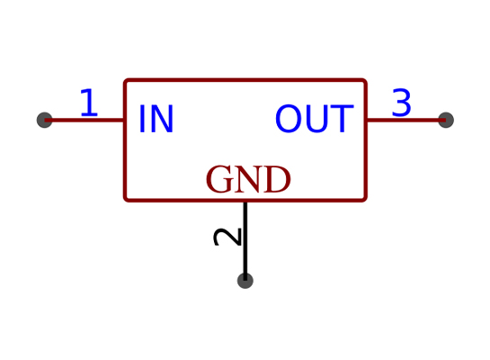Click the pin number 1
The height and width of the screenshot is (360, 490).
click(89, 103)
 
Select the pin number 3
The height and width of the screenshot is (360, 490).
click(401, 103)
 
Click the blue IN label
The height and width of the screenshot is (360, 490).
click(156, 119)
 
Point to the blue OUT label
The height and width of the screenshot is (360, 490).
click(315, 119)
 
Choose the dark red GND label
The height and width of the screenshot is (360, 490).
click(248, 179)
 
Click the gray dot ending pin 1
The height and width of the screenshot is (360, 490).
click(44, 120)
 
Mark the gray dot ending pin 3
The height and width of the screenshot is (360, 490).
click(446, 120)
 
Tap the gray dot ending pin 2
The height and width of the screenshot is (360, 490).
click(245, 281)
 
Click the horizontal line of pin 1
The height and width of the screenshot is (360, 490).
click(85, 120)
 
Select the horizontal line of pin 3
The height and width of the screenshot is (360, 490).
click(406, 120)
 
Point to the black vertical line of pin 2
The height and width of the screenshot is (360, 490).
click(245, 241)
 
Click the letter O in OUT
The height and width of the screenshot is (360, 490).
click(289, 119)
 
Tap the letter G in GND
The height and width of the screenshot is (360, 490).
click(219, 179)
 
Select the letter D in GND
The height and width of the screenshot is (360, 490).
click(278, 179)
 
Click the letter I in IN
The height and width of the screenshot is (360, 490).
click(141, 119)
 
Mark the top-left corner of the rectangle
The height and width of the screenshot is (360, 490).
click(125, 80)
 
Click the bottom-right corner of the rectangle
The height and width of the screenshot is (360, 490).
click(366, 200)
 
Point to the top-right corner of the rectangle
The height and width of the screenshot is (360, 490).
click(366, 80)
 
